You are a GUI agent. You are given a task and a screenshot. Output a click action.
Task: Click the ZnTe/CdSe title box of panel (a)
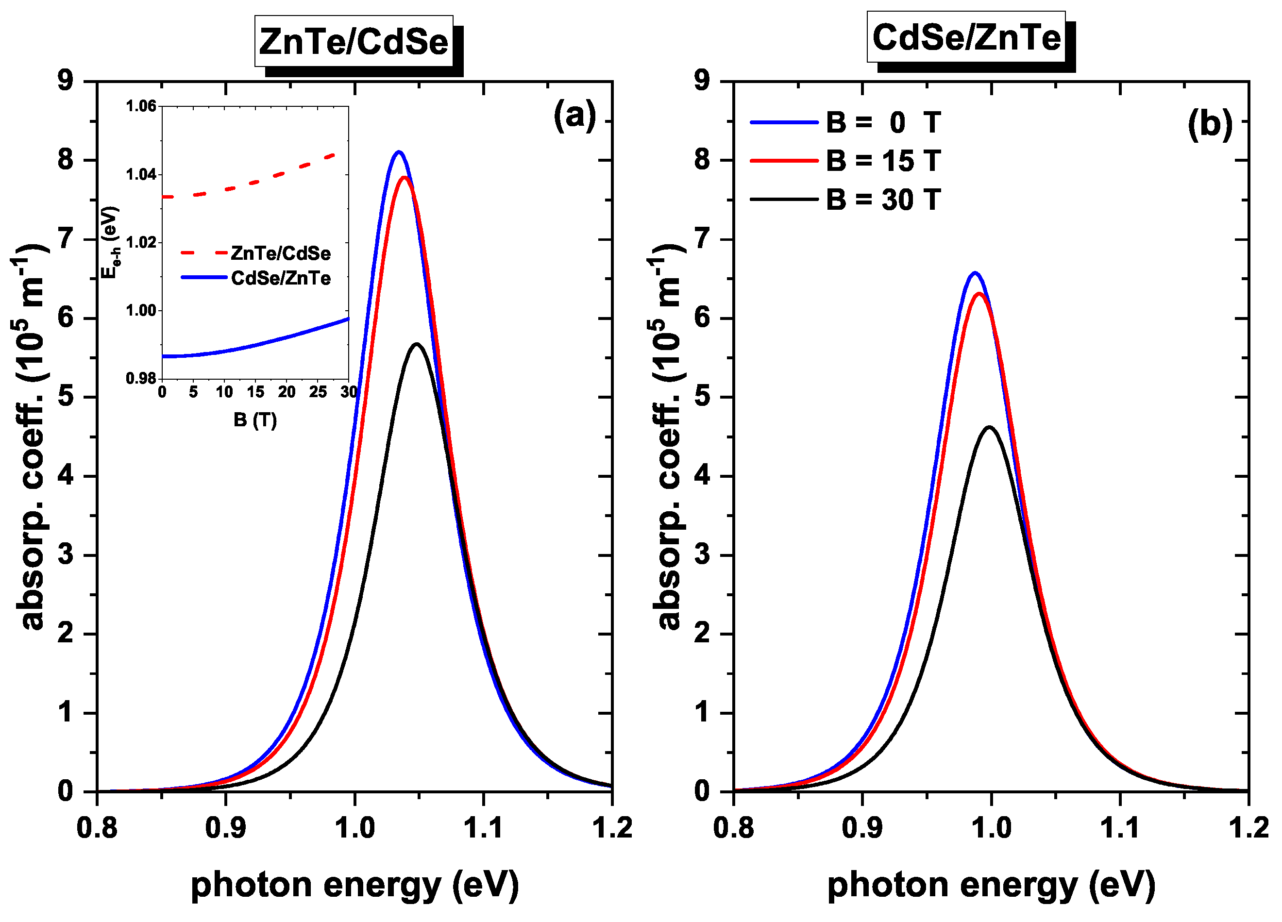point(354,42)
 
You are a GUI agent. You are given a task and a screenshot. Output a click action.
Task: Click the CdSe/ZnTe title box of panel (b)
point(966,37)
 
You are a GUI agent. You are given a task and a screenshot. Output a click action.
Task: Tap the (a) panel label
point(574,116)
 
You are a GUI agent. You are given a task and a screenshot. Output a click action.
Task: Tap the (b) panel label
point(1210,124)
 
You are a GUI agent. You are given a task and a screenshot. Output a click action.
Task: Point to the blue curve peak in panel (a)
point(399,152)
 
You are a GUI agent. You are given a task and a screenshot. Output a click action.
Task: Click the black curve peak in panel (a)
point(417,344)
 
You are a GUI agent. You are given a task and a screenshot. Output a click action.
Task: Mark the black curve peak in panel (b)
point(990,427)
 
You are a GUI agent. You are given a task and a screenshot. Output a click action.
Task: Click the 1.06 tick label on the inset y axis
point(141,106)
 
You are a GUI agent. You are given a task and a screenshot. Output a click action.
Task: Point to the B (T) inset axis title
point(255,419)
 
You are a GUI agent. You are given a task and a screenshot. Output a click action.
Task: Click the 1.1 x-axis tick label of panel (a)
point(483,828)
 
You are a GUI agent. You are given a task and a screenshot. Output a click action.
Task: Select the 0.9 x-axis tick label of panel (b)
point(861,828)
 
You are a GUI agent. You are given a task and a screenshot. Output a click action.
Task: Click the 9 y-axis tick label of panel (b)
point(702,81)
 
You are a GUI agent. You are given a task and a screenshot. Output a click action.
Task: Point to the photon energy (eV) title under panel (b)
point(991,885)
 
